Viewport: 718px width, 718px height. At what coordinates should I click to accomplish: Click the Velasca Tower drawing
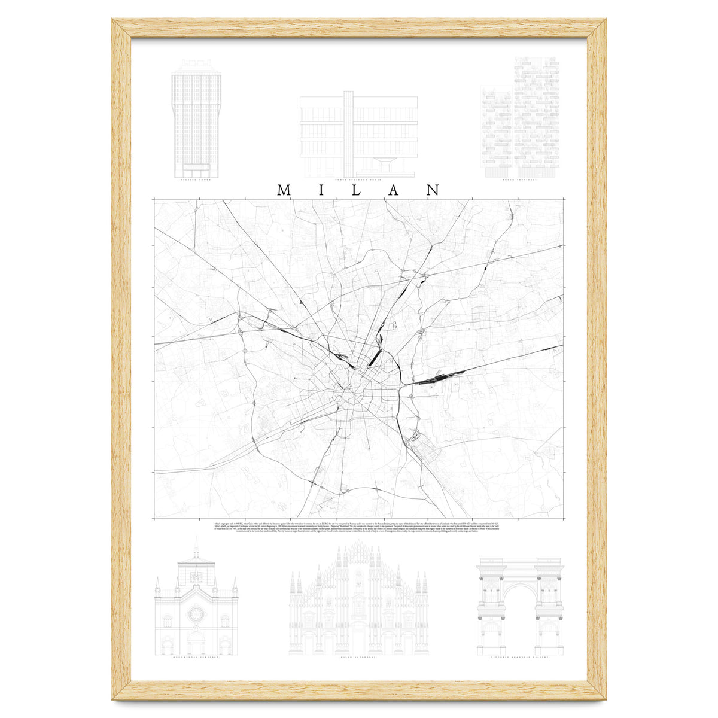(196, 120)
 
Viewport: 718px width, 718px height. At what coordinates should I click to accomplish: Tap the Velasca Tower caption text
(196, 178)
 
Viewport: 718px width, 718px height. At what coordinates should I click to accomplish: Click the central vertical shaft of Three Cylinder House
(348, 126)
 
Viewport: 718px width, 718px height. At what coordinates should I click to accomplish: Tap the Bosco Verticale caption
(520, 178)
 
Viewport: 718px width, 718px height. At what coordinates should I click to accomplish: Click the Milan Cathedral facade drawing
(358, 604)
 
